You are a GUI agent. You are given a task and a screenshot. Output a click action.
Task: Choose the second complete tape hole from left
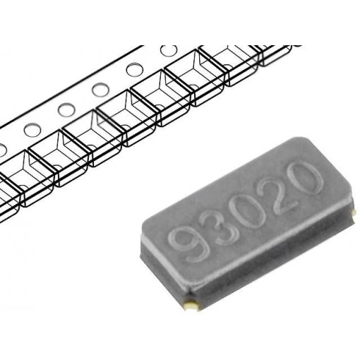coord(66,109)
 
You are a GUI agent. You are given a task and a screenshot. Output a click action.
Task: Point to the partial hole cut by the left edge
coord(2,148)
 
